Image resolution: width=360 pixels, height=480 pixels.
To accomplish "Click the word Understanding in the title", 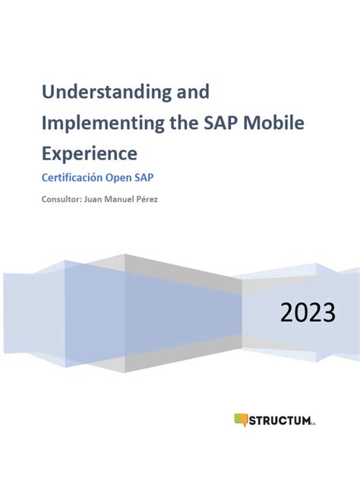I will point(107,93).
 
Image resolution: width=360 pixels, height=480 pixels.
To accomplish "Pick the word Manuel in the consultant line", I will point(134,200).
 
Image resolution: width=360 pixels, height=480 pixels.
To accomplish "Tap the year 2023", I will point(308,311).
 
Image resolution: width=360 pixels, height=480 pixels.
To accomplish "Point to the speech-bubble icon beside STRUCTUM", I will point(242,419).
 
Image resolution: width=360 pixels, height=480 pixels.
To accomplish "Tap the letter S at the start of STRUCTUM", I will point(254,419).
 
